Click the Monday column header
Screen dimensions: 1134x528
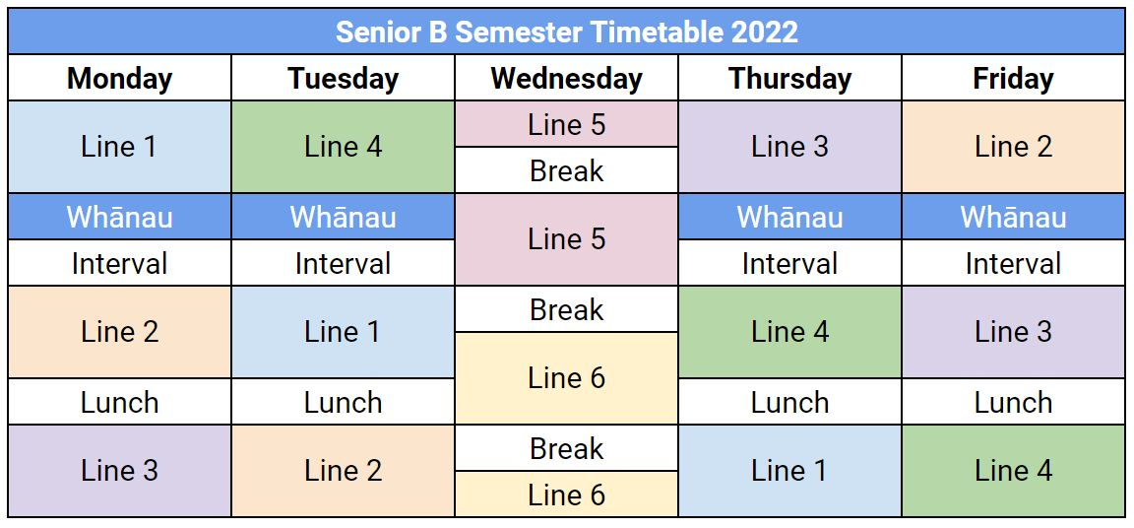(119, 78)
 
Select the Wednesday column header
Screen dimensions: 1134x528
(566, 78)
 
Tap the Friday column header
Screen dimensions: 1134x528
(1013, 78)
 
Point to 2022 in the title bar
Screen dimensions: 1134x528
(765, 32)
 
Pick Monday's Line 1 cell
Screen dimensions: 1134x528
(119, 147)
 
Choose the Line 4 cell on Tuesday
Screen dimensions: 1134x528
(343, 147)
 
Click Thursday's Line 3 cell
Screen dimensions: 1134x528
(789, 147)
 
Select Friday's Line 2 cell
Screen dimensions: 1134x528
(1013, 147)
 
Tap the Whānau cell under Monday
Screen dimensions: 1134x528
(119, 217)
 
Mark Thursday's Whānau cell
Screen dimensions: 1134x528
(789, 217)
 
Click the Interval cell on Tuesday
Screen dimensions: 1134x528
(343, 263)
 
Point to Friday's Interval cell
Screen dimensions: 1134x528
(1013, 263)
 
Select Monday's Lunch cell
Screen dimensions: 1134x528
(119, 402)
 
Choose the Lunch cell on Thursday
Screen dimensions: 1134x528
(789, 402)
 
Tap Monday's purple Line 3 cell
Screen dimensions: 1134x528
(119, 471)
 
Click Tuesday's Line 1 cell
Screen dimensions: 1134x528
(343, 332)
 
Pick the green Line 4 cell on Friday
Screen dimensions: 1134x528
(1013, 471)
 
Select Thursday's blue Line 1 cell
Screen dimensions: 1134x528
(789, 471)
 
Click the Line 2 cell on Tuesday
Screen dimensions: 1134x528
(343, 471)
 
